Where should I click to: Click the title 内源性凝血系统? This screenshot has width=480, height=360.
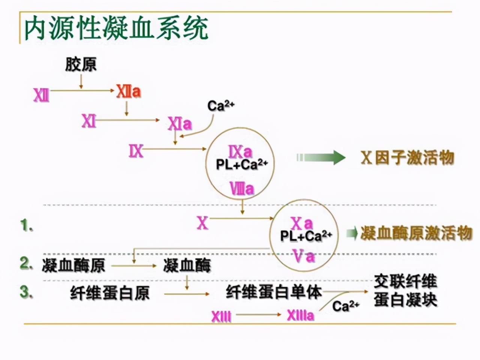116,28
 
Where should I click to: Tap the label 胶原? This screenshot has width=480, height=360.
81,64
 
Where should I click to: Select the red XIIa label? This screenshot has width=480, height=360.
128,91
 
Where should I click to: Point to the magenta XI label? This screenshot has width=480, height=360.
89,121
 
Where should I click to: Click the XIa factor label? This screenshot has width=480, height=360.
180,124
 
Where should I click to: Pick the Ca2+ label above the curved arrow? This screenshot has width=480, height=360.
221,105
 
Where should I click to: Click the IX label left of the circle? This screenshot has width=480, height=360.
136,151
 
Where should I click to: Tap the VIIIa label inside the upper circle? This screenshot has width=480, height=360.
242,189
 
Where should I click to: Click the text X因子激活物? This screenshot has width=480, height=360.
407,157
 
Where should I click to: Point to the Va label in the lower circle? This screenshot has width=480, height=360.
304,257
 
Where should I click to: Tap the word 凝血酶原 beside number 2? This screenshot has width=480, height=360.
73,265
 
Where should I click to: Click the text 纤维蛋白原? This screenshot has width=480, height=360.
109,293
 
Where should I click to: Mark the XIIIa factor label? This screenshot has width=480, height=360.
300,315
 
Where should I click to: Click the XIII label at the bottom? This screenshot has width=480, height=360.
221,316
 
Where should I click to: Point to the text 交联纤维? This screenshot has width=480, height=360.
405,282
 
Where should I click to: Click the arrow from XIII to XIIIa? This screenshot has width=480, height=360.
259,315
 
